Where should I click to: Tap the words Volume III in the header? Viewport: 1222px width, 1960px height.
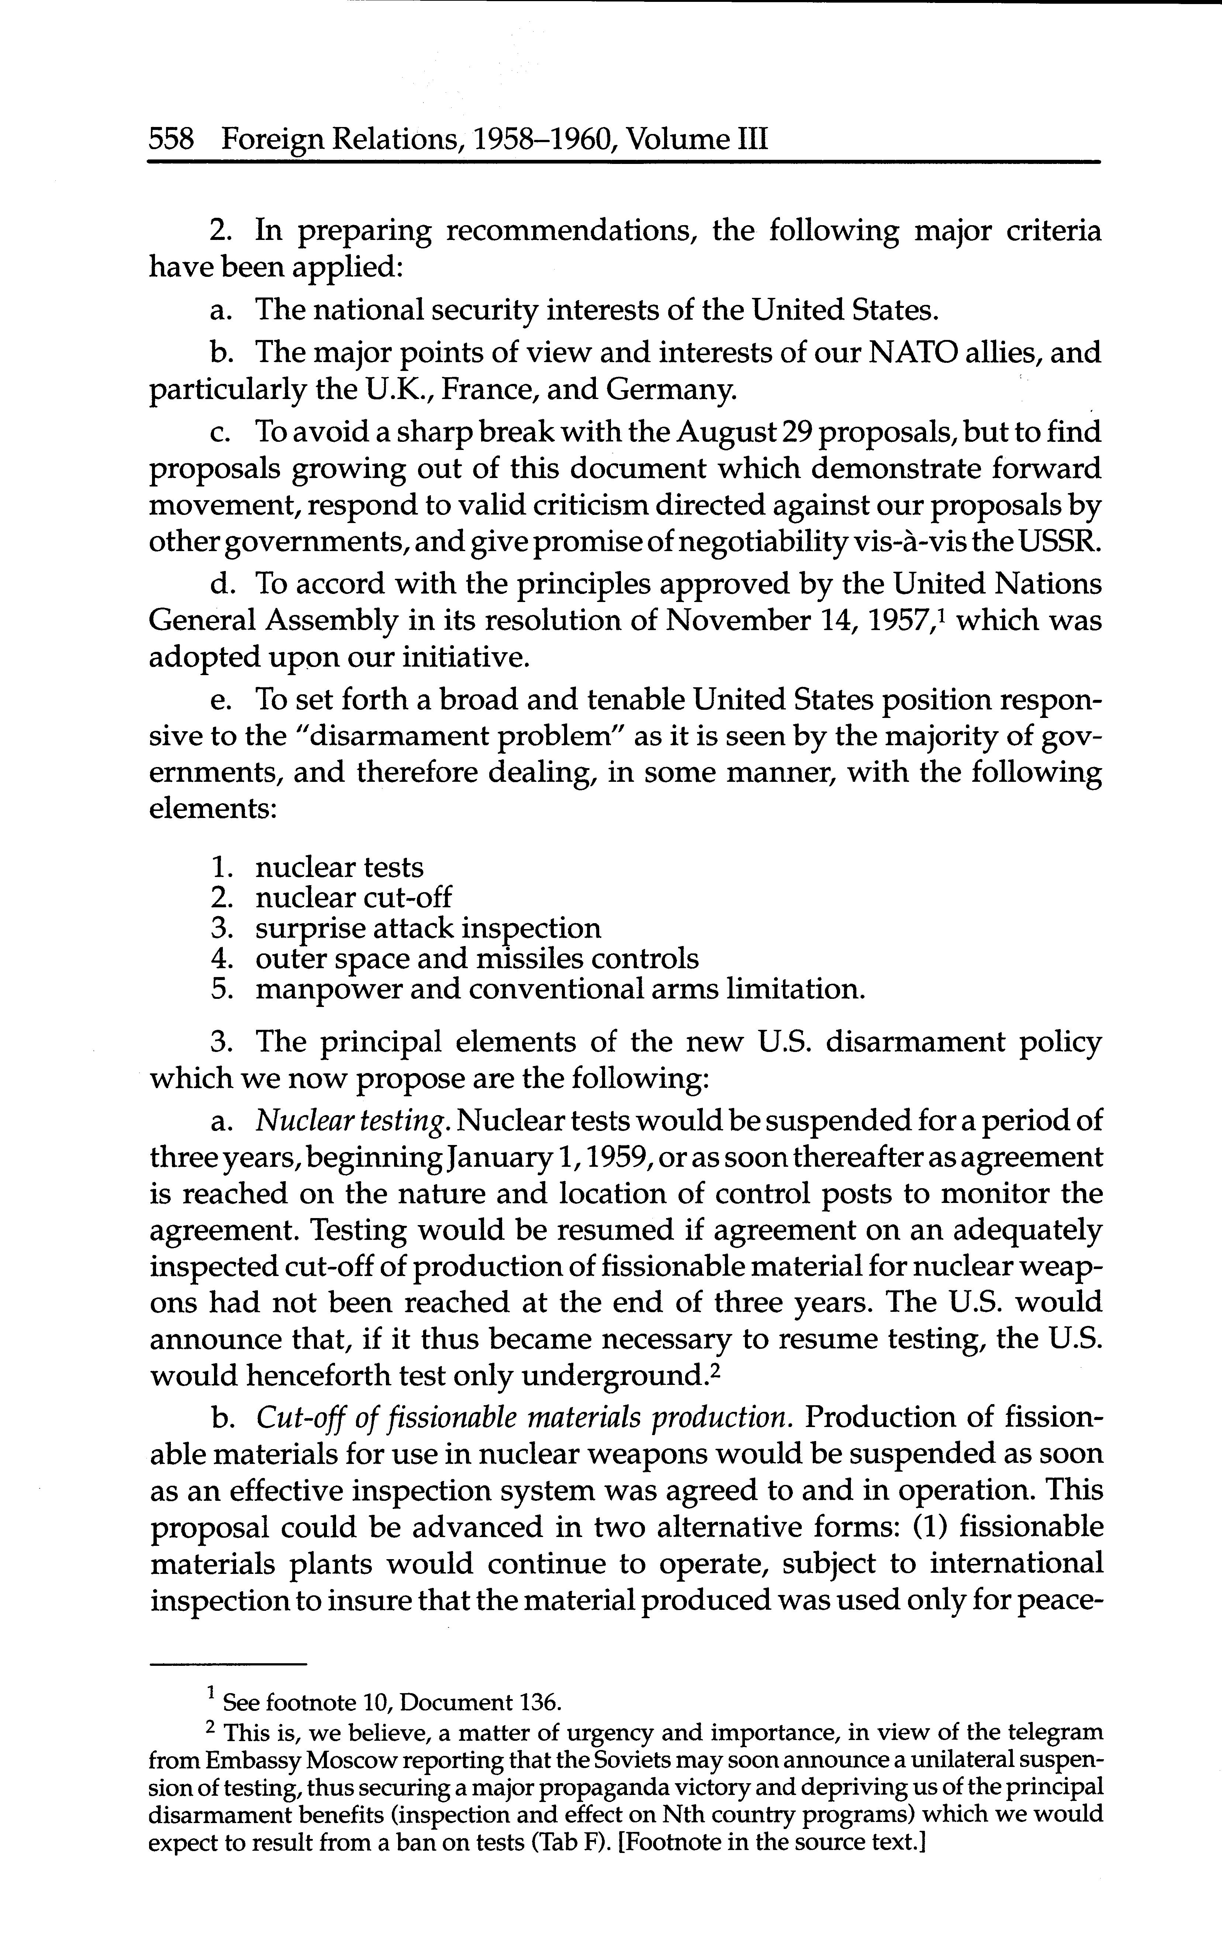(x=697, y=141)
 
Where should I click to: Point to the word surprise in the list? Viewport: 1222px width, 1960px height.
(x=307, y=928)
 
